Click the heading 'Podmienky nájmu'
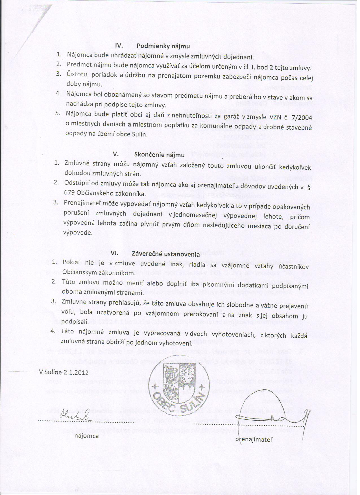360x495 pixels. click(x=163, y=46)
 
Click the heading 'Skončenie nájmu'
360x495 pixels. click(x=159, y=155)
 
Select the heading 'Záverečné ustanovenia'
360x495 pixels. click(x=166, y=254)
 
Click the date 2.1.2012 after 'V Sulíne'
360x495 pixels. click(x=76, y=372)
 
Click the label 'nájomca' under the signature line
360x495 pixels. click(x=87, y=436)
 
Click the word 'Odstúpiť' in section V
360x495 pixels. click(x=76, y=183)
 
